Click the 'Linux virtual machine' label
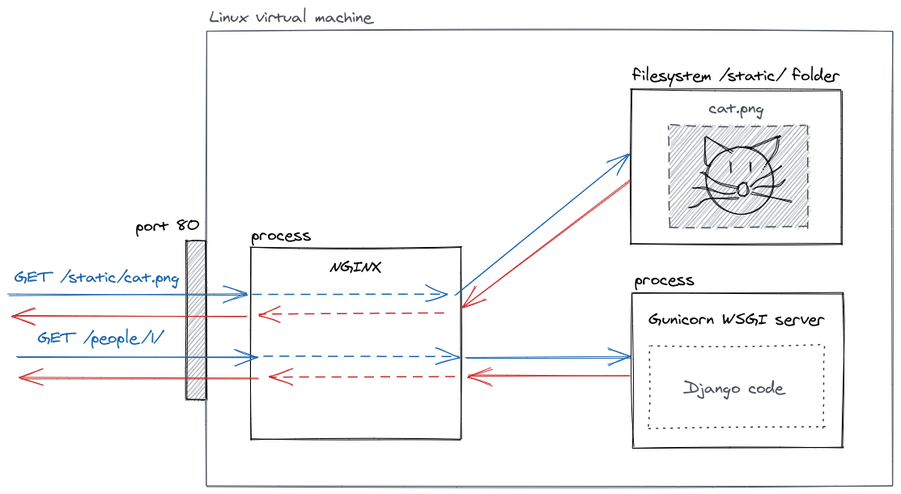click(291, 17)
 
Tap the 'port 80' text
click(167, 226)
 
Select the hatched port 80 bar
click(195, 320)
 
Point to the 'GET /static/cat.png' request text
click(96, 278)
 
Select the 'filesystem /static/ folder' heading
click(735, 75)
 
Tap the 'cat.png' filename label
click(736, 109)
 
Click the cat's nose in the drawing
click(742, 190)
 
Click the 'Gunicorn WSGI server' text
click(737, 320)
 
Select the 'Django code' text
click(734, 389)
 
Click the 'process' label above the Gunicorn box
click(664, 281)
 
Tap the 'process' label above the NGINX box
click(280, 236)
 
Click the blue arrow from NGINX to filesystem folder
click(542, 223)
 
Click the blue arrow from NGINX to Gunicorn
click(546, 356)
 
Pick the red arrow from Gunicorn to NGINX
click(546, 376)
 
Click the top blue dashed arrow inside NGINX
click(348, 293)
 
